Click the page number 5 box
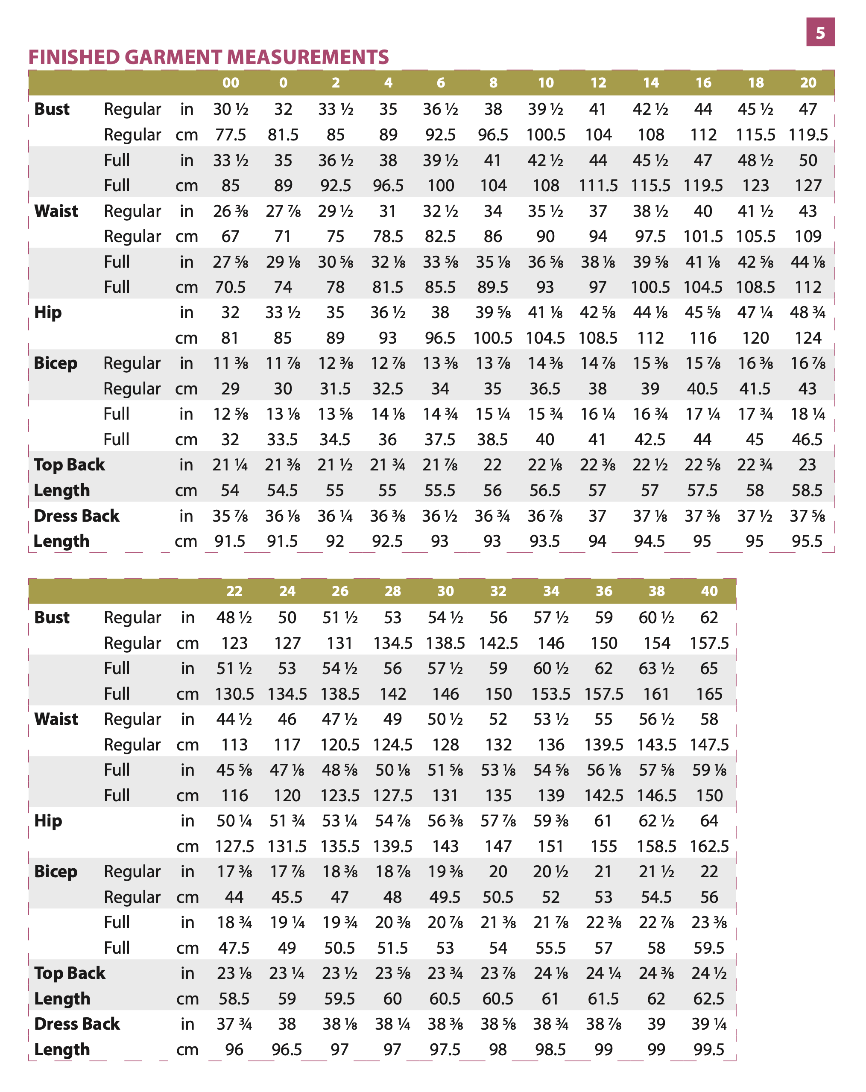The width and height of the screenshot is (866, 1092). [x=820, y=32]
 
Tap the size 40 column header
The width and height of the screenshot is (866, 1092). [x=709, y=591]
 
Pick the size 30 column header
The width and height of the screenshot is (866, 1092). [x=445, y=591]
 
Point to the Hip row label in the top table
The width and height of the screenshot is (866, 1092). [x=48, y=312]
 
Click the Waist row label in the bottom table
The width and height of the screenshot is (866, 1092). [x=56, y=719]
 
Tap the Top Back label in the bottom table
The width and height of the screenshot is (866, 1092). [x=70, y=973]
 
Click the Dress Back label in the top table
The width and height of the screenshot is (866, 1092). [x=76, y=516]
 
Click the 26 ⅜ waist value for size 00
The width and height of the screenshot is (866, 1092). [x=231, y=211]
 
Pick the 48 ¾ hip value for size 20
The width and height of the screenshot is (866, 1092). [x=807, y=312]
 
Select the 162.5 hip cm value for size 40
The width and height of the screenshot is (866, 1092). [x=709, y=847]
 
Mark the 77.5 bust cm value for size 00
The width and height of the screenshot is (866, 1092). [x=231, y=135]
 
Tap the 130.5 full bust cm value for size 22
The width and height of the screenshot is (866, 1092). [x=234, y=694]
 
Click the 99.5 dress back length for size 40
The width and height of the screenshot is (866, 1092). [x=708, y=1049]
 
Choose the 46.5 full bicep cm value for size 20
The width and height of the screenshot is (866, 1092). [x=807, y=440]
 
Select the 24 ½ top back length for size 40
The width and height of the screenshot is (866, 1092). [x=708, y=973]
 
